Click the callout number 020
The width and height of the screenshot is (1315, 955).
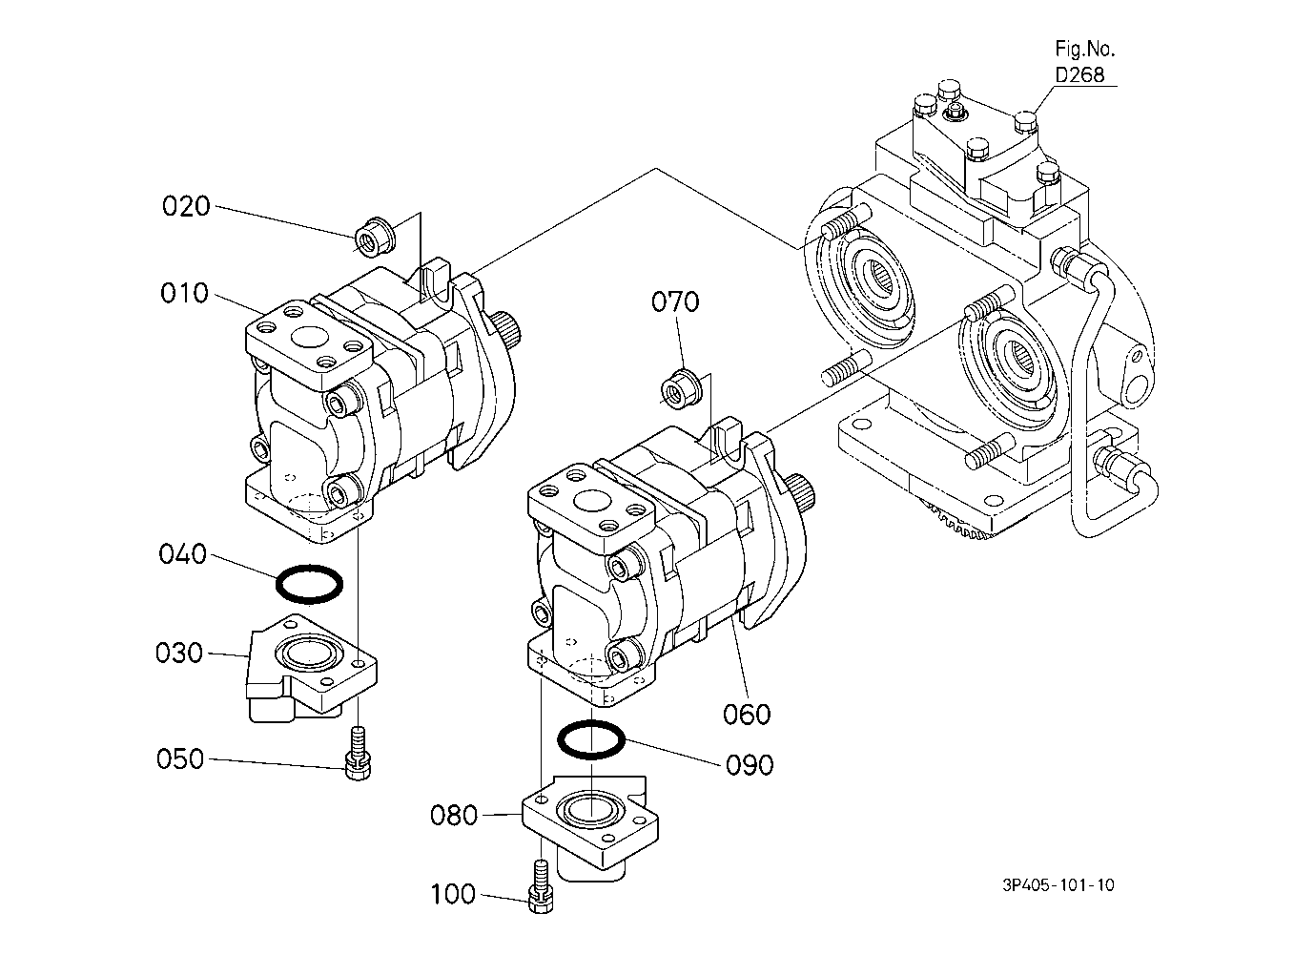(186, 207)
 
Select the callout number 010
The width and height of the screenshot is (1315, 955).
(184, 293)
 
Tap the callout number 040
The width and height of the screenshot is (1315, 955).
(182, 554)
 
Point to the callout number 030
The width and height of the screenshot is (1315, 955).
(179, 653)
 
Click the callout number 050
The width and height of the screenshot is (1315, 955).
(180, 758)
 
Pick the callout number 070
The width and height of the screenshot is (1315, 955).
(675, 301)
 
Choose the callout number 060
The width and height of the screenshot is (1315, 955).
(747, 715)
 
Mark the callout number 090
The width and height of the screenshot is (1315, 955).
(750, 765)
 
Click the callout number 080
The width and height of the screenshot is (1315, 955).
(454, 815)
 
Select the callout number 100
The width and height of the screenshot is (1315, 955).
(453, 894)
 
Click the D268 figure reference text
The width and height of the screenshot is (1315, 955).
(1079, 74)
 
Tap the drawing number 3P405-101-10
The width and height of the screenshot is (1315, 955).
(1058, 884)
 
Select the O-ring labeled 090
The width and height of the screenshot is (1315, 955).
(591, 757)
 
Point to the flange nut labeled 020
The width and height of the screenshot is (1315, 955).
(374, 238)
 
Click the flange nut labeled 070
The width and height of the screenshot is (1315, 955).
(681, 389)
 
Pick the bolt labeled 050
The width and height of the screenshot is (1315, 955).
(359, 754)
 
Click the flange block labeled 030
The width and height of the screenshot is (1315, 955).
(311, 669)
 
